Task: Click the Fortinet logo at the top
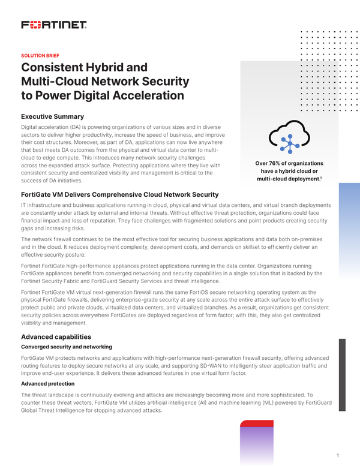tap(54, 25)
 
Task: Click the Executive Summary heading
tap(52, 116)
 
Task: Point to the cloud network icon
tap(289, 138)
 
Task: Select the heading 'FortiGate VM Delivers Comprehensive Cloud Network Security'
tap(119, 194)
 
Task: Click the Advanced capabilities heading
tap(56, 337)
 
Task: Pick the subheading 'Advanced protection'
tap(47, 383)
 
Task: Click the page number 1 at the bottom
tap(338, 455)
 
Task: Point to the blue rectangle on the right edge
tap(349, 222)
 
